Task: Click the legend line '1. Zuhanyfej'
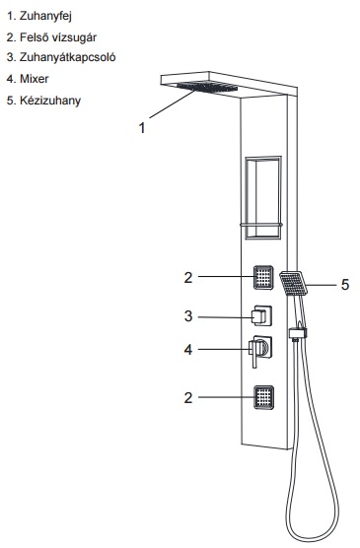pos(39,16)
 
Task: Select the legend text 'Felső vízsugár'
pos(58,37)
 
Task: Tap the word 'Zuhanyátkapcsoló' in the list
pos(67,57)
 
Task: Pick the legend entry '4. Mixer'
pos(28,79)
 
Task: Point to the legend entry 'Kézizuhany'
pos(50,101)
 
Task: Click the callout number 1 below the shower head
pos(142,128)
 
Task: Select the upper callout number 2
pos(188,278)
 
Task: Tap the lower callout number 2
pos(188,397)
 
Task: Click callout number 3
pos(188,316)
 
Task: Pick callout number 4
pos(188,350)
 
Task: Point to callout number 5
pos(345,285)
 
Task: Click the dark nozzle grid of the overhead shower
pos(207,87)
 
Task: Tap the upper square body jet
pos(263,277)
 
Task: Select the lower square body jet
pos(263,397)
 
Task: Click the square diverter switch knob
pos(261,315)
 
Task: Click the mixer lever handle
pos(254,354)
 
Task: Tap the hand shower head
pos(293,284)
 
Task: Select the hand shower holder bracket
pos(298,333)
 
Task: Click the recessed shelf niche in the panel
pos(263,198)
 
